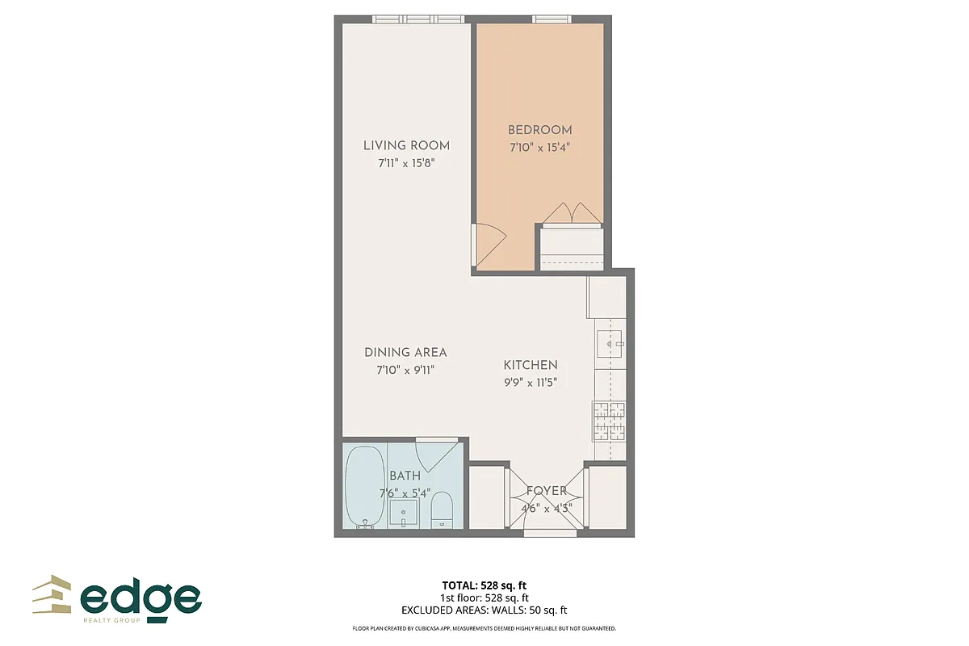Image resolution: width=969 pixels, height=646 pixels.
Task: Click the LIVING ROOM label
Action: coord(406,145)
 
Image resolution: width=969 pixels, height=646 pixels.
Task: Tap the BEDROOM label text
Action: coord(539,130)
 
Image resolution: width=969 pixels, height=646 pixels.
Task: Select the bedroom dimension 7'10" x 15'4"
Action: coord(539,148)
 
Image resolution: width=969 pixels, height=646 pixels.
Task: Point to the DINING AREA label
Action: coord(405,352)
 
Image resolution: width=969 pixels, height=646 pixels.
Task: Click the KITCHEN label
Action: coord(531,365)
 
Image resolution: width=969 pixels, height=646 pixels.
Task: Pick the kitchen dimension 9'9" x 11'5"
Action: coord(531,383)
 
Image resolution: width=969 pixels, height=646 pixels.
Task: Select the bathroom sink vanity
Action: coord(403,513)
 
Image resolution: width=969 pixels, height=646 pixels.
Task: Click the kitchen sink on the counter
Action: coord(610,344)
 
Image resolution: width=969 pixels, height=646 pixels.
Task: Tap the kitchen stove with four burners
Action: coord(610,420)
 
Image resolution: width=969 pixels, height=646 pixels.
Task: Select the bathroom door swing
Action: coord(437,455)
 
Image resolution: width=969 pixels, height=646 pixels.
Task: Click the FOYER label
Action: coord(547,491)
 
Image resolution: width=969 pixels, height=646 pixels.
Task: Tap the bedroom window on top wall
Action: coord(552,19)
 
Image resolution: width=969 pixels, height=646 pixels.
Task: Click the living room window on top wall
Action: coord(418,19)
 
